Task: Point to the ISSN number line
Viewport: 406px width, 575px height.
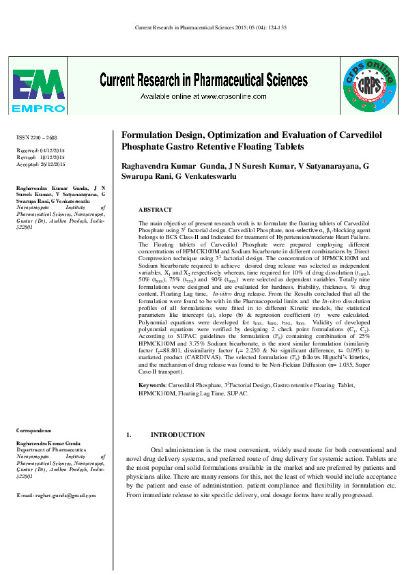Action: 38,138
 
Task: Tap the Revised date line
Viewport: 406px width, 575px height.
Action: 41,157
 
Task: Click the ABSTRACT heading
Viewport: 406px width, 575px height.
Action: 155,210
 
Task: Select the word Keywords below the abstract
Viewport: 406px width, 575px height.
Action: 152,385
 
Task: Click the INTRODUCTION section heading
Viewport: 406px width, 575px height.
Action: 177,435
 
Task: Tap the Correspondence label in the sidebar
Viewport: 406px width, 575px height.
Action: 34,431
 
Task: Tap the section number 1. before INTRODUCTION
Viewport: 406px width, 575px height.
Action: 130,435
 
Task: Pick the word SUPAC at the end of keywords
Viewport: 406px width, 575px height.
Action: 237,394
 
